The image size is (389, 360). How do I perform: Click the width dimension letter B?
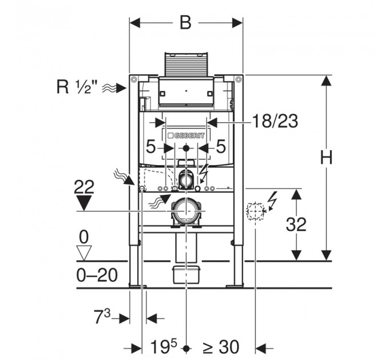click(185, 23)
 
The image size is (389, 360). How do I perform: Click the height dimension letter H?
click(326, 158)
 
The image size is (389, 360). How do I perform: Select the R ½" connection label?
click(77, 87)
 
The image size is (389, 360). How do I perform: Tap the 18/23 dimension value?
click(275, 121)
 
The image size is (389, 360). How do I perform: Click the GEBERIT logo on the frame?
click(186, 135)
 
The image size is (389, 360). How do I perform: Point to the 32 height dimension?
click(296, 225)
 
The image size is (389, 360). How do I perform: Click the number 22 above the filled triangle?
click(84, 187)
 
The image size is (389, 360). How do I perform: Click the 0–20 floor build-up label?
click(97, 275)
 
